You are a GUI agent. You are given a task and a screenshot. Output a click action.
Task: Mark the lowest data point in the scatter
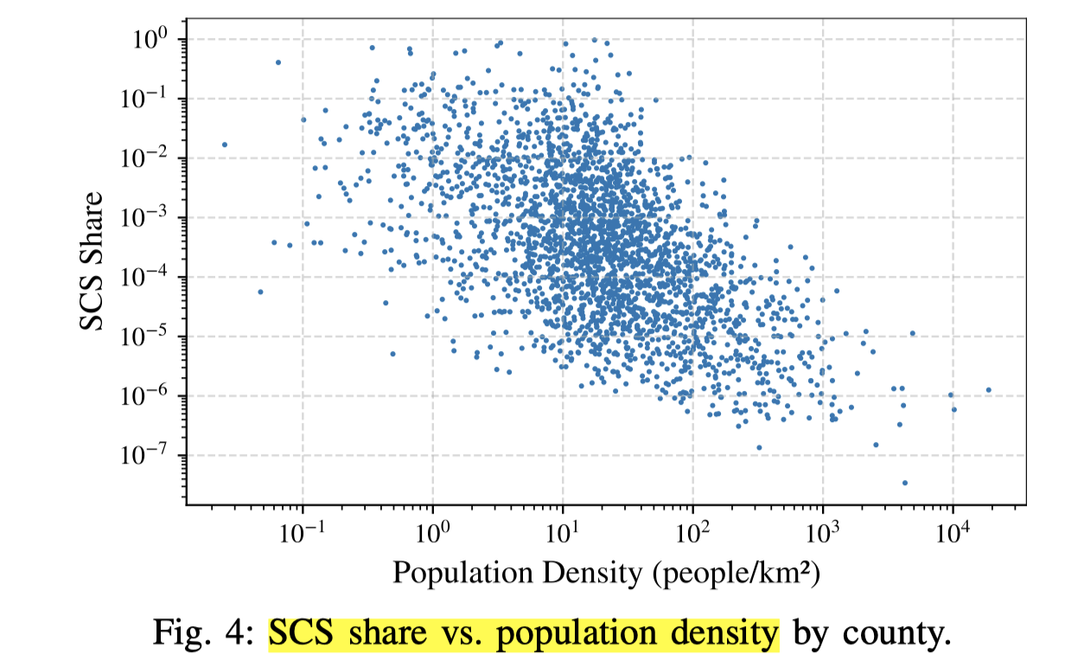tap(905, 483)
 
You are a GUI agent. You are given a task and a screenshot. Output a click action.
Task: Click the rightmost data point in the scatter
tap(988, 390)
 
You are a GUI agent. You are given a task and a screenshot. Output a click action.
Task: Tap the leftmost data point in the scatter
tap(225, 144)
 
